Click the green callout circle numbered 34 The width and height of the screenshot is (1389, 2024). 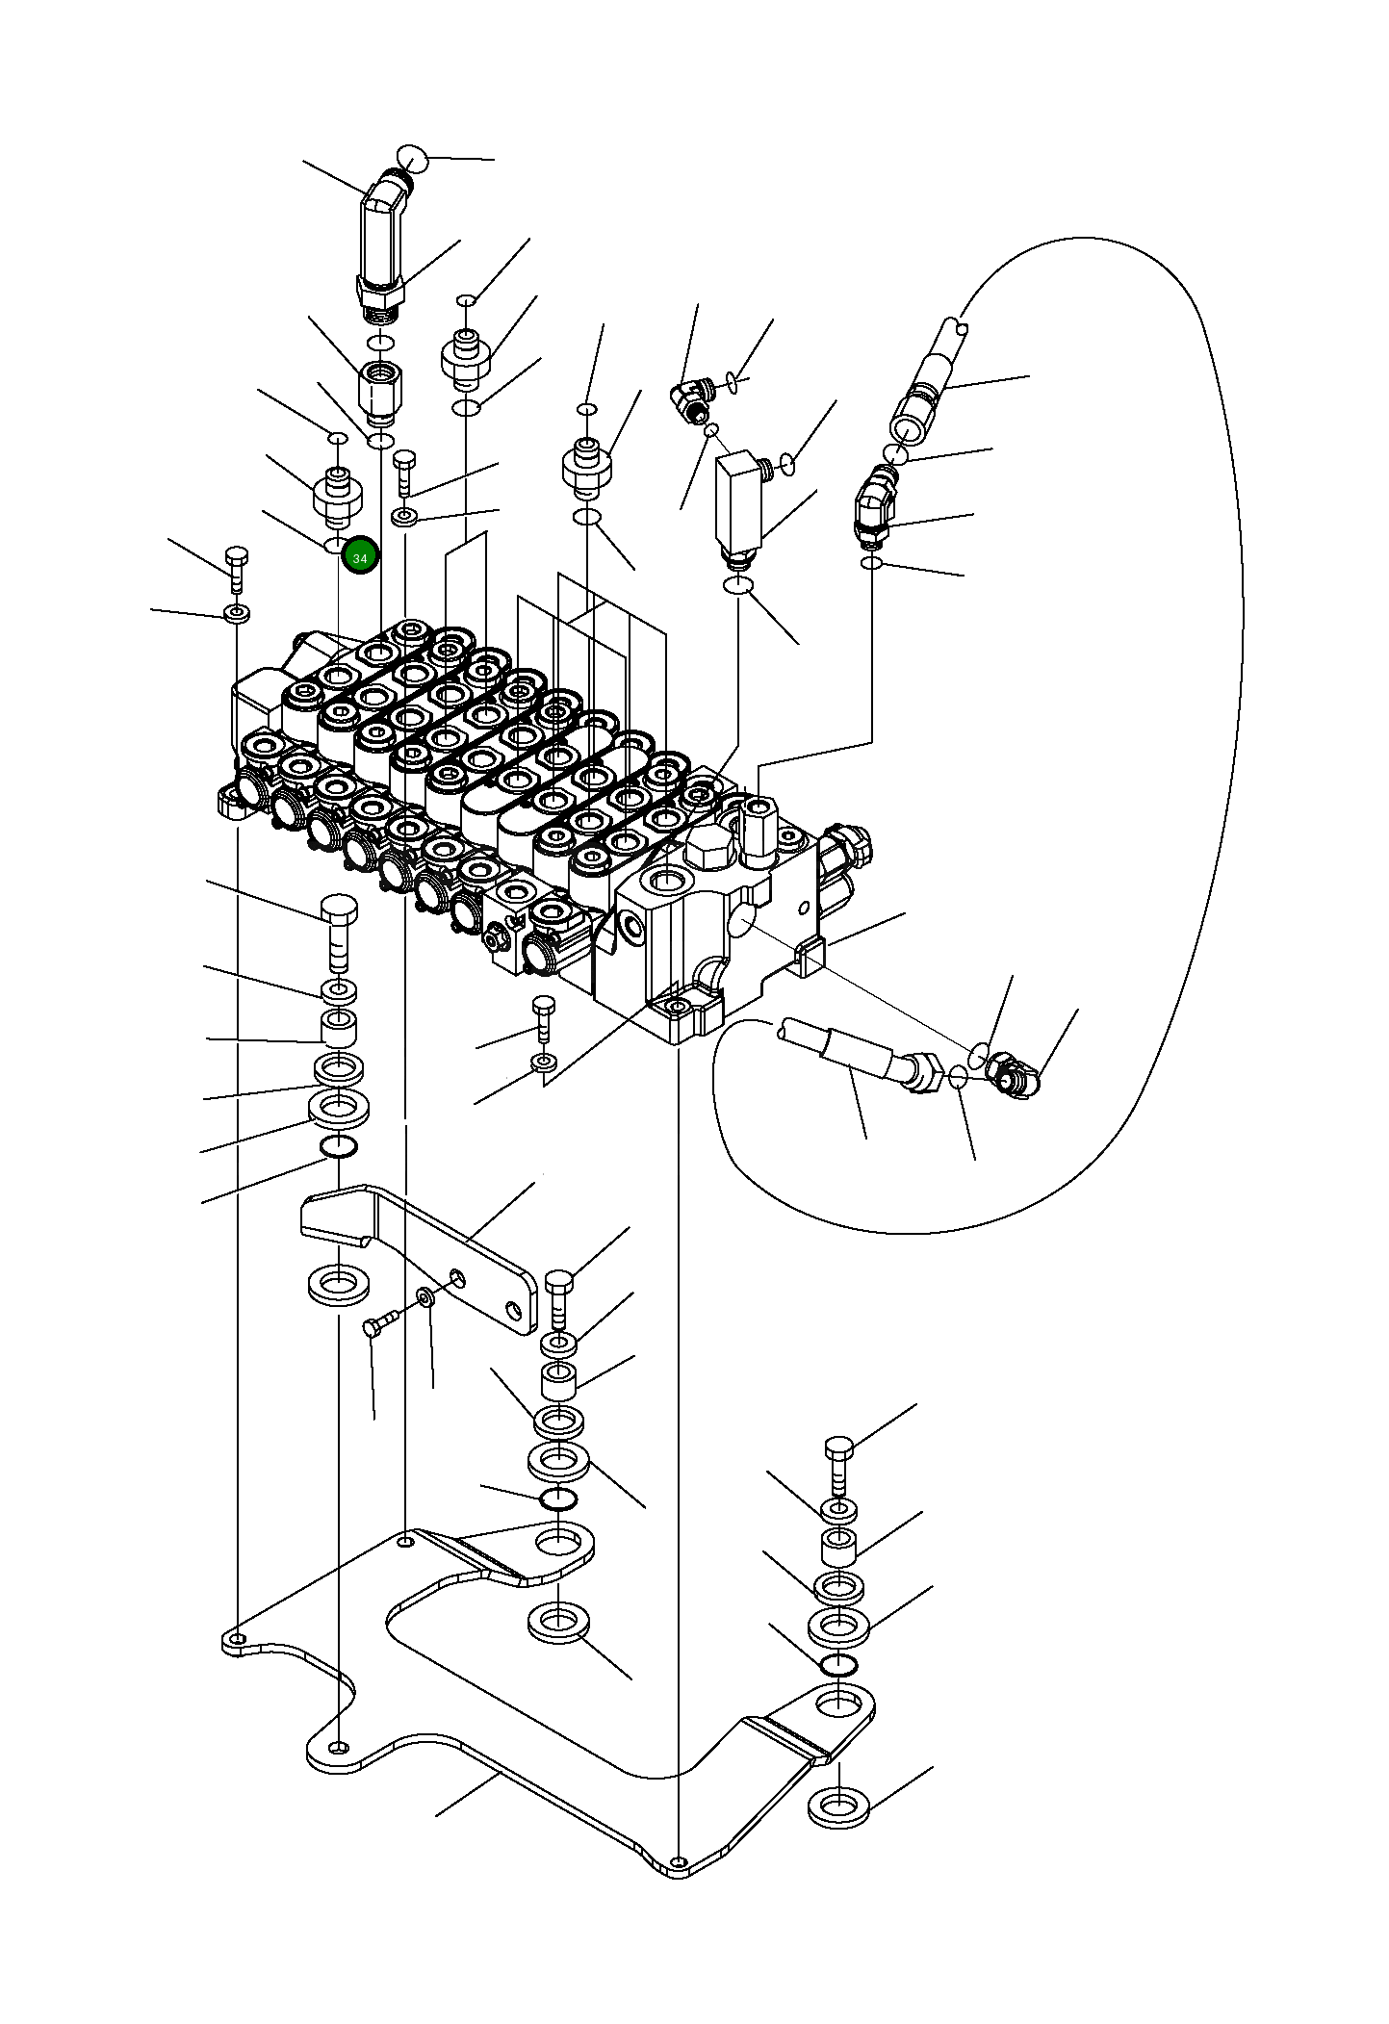(360, 557)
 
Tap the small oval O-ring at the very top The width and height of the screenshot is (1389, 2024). (412, 157)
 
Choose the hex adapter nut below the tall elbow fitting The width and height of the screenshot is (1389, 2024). (380, 392)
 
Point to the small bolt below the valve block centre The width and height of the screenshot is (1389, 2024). (543, 1018)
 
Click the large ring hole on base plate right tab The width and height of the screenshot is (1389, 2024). (839, 1704)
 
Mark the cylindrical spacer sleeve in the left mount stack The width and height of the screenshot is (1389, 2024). (338, 1028)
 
